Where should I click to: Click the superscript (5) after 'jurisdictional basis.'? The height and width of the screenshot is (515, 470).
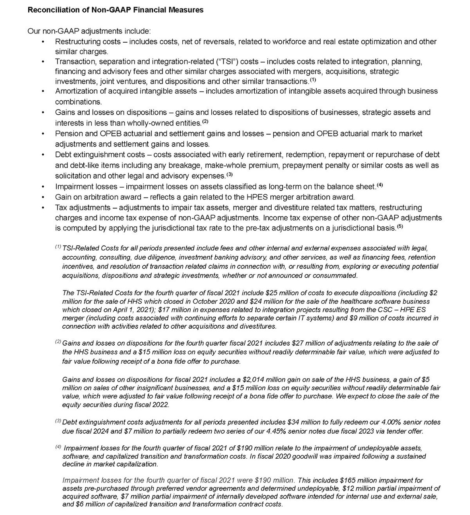click(x=400, y=227)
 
